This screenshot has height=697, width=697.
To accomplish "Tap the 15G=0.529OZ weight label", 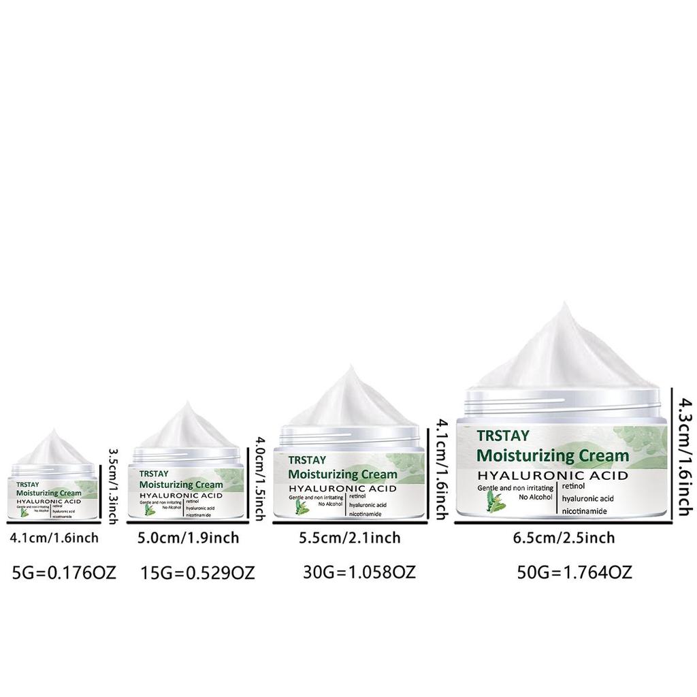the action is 198,573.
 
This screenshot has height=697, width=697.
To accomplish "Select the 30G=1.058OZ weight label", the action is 359,572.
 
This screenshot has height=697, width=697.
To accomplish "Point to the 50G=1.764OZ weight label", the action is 574,572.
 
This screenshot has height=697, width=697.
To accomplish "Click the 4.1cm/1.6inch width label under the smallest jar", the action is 54,538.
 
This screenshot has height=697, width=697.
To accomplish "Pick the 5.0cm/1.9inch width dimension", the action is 188,538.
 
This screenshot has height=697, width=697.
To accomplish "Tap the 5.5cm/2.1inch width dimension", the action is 350,538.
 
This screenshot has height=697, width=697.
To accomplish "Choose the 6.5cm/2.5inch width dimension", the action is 564,538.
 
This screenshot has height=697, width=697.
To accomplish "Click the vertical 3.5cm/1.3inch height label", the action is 114,483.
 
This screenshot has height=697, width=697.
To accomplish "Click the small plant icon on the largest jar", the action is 494,503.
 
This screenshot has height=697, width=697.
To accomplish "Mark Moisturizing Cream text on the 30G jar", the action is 342,474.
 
